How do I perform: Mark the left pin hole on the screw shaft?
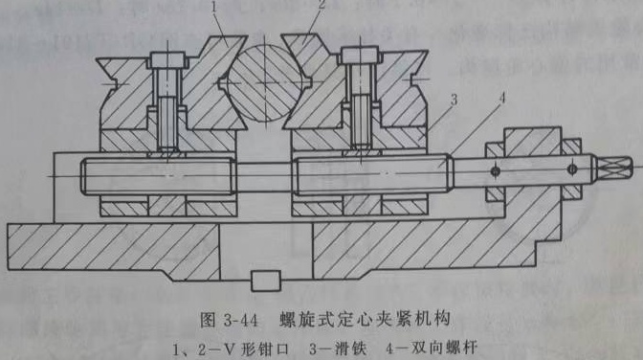click(495, 170)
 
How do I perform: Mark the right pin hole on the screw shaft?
click(571, 170)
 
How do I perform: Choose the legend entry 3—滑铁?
click(335, 342)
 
